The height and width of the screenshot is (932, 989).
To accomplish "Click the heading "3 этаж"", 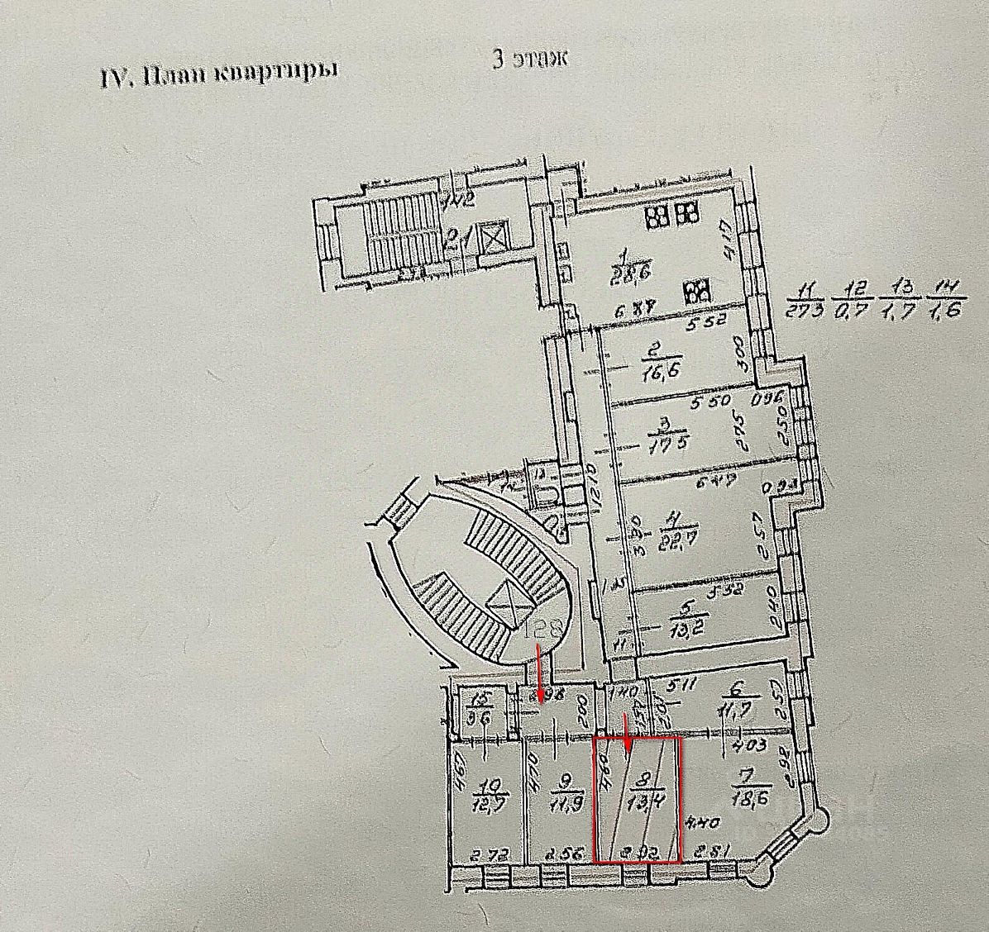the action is [529, 60].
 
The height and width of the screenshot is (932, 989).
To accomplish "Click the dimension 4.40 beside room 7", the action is [698, 822].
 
